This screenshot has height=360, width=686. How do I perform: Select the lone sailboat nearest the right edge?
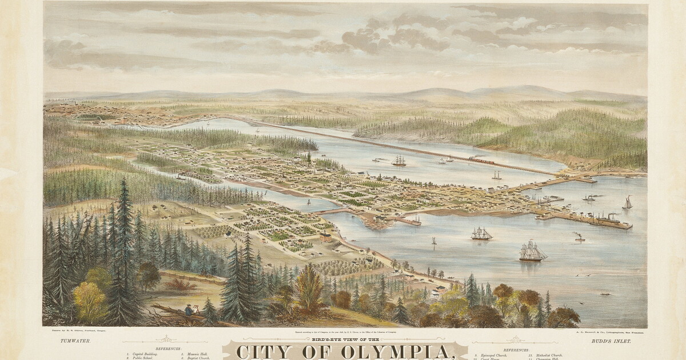(628, 202)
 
